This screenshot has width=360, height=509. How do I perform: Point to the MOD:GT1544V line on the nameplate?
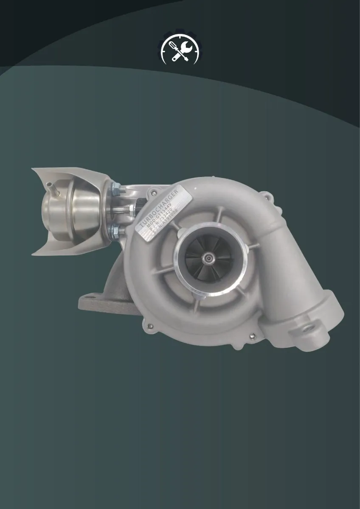(163, 216)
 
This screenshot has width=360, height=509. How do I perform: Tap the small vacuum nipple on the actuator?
(51, 185)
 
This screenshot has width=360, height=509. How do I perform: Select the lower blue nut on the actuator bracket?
(114, 231)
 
